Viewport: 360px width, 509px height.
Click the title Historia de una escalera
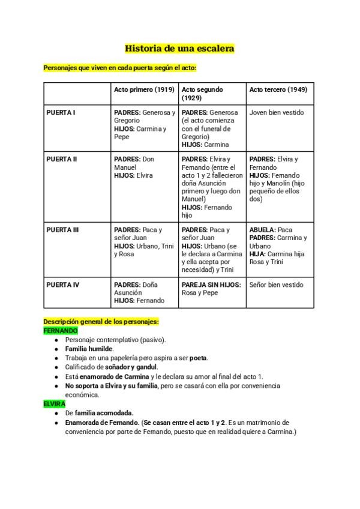(179, 48)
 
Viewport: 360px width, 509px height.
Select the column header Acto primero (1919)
(144, 89)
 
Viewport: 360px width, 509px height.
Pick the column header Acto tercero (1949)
(278, 89)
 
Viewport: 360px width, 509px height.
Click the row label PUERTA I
(61, 112)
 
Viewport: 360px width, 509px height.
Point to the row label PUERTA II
(62, 159)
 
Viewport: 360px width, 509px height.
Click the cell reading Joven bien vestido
(277, 112)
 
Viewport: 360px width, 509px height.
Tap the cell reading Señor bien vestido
(277, 285)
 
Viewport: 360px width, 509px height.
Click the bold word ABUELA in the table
(262, 230)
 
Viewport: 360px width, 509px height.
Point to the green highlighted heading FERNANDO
(61, 331)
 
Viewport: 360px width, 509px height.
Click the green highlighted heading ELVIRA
(54, 404)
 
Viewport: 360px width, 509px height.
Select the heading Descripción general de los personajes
(101, 322)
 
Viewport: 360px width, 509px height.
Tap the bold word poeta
(198, 358)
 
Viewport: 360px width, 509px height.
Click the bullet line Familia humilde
(89, 349)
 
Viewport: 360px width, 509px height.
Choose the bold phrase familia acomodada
(104, 413)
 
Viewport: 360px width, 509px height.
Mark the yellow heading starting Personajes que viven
(120, 68)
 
